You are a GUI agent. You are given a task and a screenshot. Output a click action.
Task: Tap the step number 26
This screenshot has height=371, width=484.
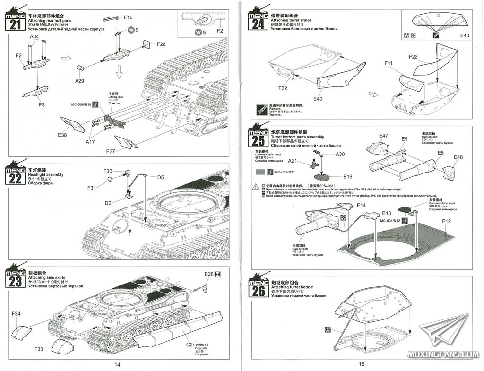[x=259, y=290]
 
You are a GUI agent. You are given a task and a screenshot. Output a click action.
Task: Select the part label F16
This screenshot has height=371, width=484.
[x=128, y=17]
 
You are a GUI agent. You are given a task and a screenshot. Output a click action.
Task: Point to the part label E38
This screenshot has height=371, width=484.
[x=62, y=135]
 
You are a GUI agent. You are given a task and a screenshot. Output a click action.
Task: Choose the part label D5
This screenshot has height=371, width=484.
[x=160, y=177]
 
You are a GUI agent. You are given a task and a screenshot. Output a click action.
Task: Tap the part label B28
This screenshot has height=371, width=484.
[x=209, y=274]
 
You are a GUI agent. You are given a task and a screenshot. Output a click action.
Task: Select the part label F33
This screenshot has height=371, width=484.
[x=39, y=349]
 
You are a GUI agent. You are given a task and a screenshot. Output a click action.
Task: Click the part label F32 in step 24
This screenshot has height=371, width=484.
[x=283, y=88]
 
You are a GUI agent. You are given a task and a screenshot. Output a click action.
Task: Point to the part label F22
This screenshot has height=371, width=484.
[x=413, y=57]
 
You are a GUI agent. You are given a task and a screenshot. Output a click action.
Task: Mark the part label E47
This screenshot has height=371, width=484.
[x=383, y=136]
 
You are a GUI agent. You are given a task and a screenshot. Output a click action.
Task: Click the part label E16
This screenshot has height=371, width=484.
[x=348, y=176]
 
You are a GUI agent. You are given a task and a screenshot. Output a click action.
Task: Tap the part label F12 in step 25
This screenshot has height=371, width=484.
[x=447, y=221]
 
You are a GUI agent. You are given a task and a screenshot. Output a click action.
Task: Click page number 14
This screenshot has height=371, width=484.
[x=117, y=364]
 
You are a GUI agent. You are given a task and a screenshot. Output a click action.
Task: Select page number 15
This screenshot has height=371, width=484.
[x=362, y=364]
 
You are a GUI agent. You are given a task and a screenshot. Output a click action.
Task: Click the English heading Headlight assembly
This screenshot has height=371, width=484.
[x=49, y=175]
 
